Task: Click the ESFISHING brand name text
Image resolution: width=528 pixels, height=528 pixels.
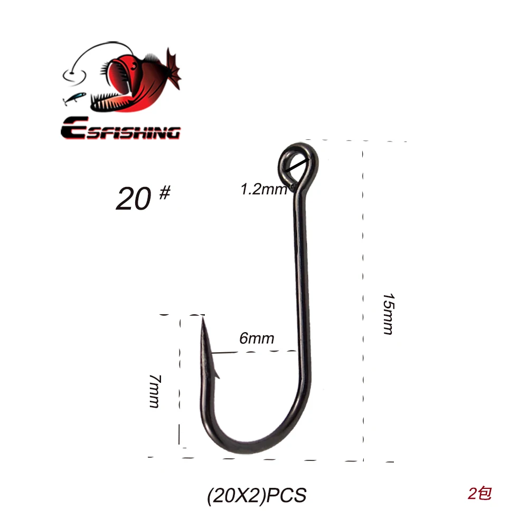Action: (x=120, y=128)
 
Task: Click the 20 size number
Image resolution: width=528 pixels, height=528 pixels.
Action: (x=134, y=199)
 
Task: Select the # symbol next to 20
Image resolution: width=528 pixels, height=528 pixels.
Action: (x=165, y=193)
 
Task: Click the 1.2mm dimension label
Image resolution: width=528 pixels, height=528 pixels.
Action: (x=263, y=189)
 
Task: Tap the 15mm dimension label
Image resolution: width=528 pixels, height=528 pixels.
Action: (x=389, y=314)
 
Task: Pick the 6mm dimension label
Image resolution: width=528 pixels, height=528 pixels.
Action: (x=257, y=338)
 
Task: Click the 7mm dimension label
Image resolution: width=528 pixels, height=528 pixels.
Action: (x=155, y=391)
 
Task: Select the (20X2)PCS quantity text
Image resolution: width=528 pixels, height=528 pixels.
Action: (x=257, y=495)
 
